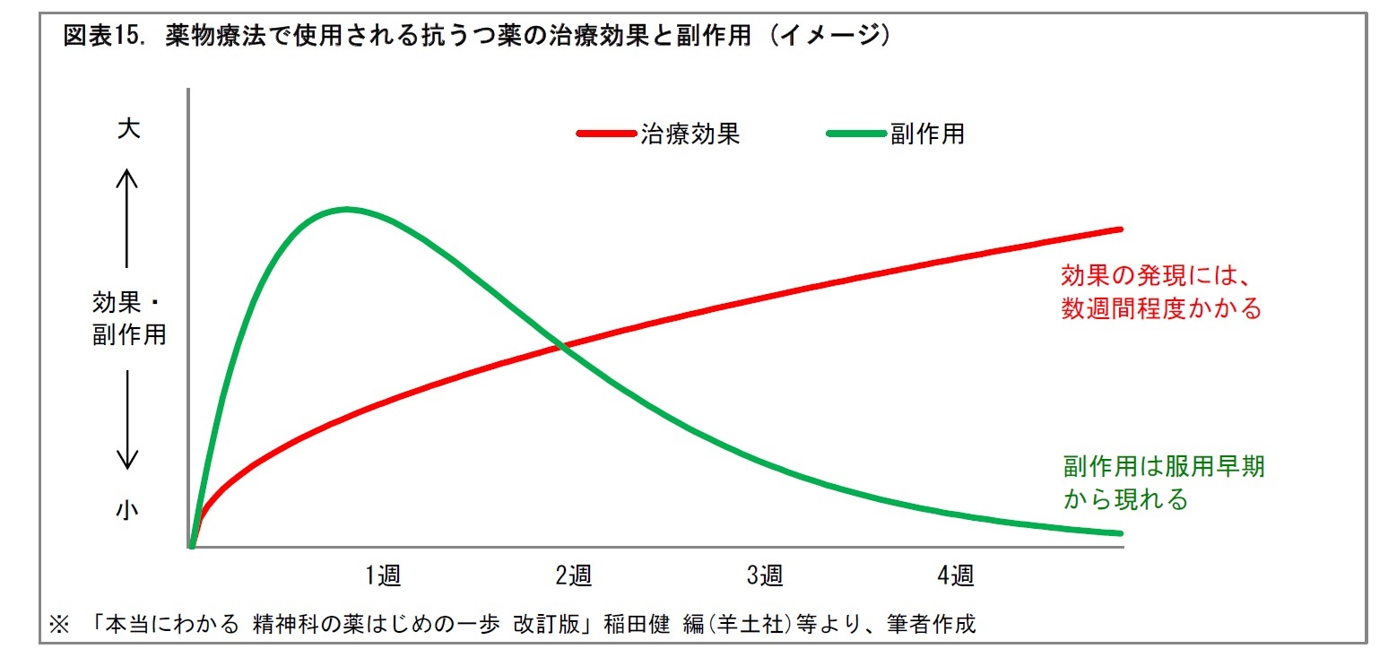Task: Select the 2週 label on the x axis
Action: pyautogui.click(x=574, y=575)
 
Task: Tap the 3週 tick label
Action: pyautogui.click(x=765, y=575)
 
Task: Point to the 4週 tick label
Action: pyautogui.click(x=956, y=575)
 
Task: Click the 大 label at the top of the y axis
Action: pyautogui.click(x=128, y=129)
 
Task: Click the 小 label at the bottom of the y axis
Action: pyautogui.click(x=128, y=510)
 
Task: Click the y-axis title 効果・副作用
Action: pyautogui.click(x=129, y=318)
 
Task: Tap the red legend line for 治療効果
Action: pyautogui.click(x=606, y=134)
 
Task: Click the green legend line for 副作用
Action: pyautogui.click(x=855, y=134)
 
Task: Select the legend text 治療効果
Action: pyautogui.click(x=690, y=134)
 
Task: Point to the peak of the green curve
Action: pyautogui.click(x=346, y=210)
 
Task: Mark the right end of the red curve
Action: pyautogui.click(x=1120, y=229)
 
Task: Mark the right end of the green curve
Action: pyautogui.click(x=1120, y=533)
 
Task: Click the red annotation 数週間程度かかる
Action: pyautogui.click(x=1161, y=309)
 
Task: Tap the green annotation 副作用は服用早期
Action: pyautogui.click(x=1164, y=466)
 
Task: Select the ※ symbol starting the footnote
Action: pyautogui.click(x=59, y=624)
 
